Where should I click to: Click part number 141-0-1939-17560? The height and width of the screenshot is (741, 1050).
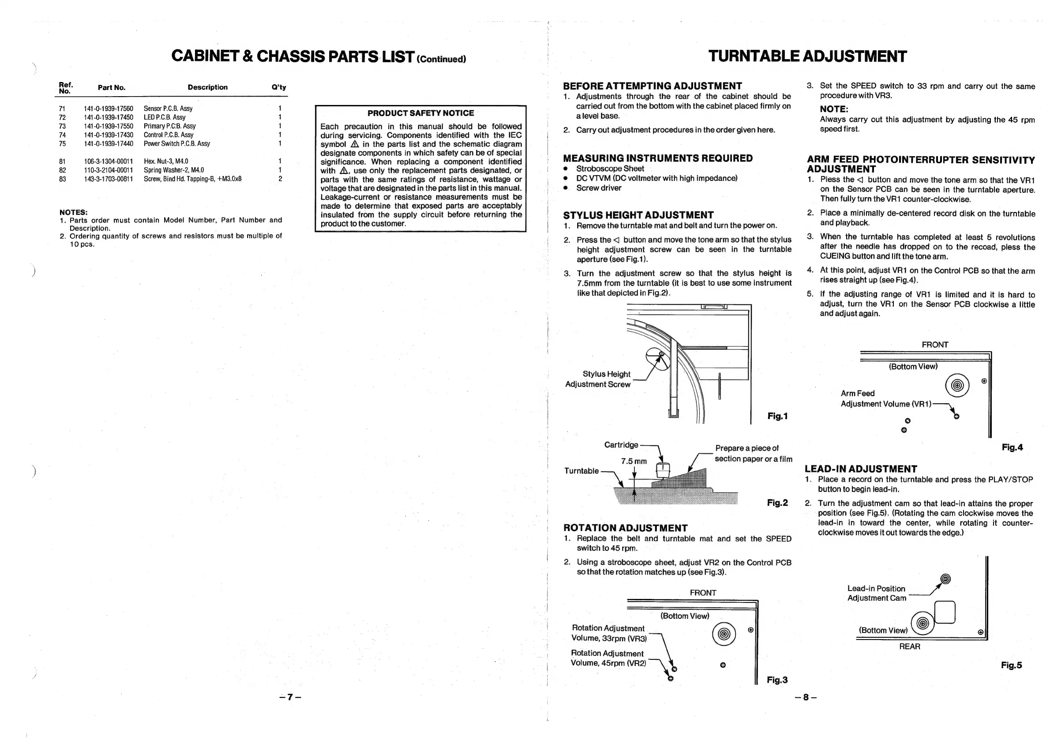[109, 109]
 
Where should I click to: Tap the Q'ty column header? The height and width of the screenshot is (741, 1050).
[278, 87]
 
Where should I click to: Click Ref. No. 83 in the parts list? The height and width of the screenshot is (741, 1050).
[63, 179]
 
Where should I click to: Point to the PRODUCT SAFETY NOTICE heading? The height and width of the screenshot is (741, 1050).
[420, 113]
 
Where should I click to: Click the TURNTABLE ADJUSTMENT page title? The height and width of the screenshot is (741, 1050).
[807, 57]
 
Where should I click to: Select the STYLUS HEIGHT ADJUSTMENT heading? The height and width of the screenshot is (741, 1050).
[638, 215]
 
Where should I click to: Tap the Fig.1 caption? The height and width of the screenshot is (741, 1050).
[777, 416]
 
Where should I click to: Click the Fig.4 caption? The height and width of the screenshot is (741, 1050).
[1012, 448]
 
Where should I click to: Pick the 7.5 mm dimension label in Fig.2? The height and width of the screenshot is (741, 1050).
[634, 461]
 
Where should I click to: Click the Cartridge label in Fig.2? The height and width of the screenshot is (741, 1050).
[621, 445]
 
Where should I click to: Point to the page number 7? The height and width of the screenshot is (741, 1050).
[290, 697]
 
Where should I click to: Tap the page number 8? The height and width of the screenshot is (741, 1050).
[806, 697]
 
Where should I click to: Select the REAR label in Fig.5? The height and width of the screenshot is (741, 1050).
[909, 646]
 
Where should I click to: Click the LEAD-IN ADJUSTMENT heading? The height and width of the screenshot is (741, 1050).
[861, 469]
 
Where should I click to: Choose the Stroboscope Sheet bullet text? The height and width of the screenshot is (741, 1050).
[610, 168]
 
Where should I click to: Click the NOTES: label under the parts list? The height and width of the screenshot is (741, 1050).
[73, 213]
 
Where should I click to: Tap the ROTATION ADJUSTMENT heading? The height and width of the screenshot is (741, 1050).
[625, 528]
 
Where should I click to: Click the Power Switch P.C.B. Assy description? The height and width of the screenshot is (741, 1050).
[176, 143]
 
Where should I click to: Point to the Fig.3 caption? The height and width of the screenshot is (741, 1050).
[777, 680]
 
